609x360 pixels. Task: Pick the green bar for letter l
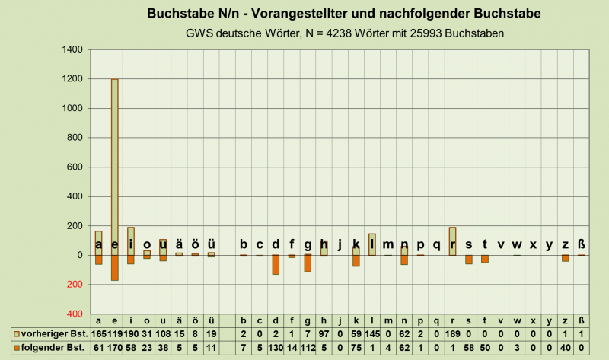point(372,244)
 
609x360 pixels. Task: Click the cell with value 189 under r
point(452,334)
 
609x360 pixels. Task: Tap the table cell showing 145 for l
point(372,334)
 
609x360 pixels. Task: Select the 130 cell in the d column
point(276,347)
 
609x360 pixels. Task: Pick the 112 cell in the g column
point(308,347)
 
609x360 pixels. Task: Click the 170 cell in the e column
point(115,347)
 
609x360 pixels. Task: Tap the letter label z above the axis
point(565,244)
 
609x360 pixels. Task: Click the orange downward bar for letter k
point(356,261)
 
